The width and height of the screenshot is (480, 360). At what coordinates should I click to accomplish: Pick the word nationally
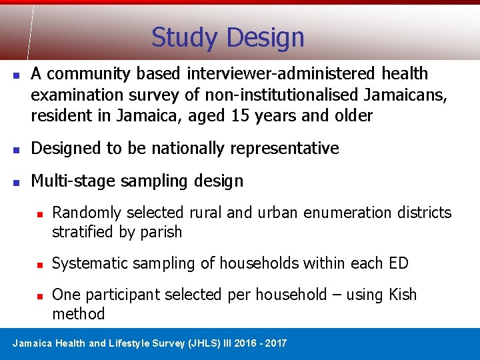click(x=197, y=148)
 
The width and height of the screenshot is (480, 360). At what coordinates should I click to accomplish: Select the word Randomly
click(x=86, y=213)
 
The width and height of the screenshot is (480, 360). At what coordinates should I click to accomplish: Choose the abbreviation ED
click(x=397, y=263)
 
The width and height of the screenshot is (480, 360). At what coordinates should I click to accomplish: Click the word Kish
click(x=401, y=295)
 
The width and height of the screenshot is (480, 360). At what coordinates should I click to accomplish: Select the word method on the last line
click(x=79, y=314)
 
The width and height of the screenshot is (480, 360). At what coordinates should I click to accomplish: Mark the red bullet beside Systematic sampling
click(x=40, y=264)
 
